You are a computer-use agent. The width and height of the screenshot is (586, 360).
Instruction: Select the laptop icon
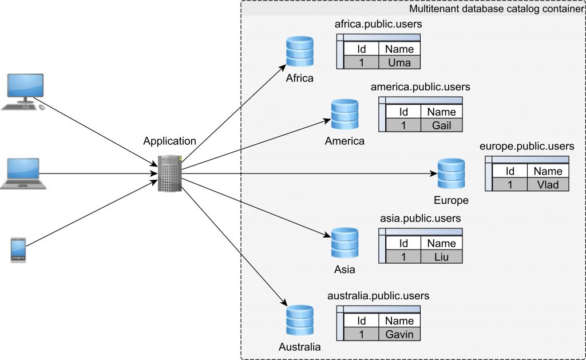[x=23, y=173]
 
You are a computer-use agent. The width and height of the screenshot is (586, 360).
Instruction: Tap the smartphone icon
[x=18, y=250]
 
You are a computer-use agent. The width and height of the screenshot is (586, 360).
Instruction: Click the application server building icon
[x=170, y=173]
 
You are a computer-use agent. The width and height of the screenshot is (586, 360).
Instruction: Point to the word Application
[x=169, y=141]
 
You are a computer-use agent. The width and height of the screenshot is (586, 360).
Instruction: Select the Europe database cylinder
[x=452, y=174]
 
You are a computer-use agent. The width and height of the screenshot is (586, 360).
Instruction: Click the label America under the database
[x=345, y=141]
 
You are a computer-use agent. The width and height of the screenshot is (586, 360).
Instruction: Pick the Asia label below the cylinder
[x=345, y=269]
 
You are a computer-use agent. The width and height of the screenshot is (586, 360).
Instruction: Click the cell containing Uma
[x=399, y=62]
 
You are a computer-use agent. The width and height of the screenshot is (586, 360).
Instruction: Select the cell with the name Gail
[x=441, y=125]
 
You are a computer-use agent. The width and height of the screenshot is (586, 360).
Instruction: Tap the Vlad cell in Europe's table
[x=548, y=184]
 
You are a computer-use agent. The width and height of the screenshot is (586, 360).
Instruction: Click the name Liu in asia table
[x=441, y=257]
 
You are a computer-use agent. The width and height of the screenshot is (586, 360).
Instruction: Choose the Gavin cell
[x=399, y=334]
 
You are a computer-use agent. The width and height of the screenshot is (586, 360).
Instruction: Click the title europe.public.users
[x=526, y=147]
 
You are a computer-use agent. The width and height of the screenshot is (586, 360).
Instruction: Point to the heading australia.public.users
[x=378, y=296]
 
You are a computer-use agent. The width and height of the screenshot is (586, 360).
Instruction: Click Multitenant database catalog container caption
[x=496, y=9]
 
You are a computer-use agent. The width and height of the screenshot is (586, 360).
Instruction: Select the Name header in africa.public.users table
[x=399, y=49]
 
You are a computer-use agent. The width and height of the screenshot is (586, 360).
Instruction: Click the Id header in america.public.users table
[x=403, y=112]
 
